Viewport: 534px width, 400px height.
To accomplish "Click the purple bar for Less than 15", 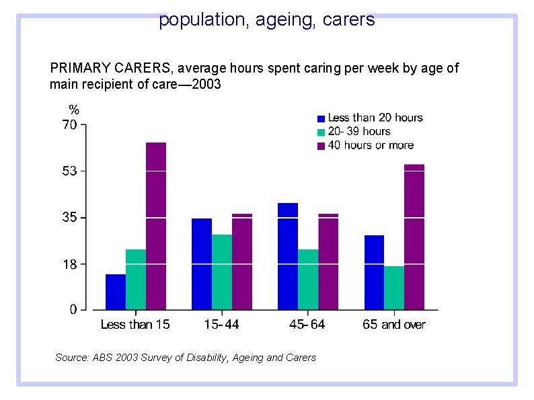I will (155, 226).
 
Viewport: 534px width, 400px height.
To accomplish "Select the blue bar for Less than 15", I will (116, 292).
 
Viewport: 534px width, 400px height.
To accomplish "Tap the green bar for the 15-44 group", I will (222, 272).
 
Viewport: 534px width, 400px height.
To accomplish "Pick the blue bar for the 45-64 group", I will (288, 255).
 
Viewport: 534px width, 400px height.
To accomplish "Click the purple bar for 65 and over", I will (414, 237).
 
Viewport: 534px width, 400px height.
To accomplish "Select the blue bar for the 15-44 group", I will (202, 264).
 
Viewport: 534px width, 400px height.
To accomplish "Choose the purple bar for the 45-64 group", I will (328, 262).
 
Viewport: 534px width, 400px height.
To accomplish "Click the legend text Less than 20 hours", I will (375, 118).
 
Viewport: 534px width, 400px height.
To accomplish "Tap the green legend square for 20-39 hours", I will (321, 132).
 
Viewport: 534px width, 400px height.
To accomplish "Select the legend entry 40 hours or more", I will (371, 145).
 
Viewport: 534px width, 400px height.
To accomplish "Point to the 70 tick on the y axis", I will (69, 124).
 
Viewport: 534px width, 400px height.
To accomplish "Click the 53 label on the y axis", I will (69, 171).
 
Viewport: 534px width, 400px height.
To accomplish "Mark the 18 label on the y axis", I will (69, 264).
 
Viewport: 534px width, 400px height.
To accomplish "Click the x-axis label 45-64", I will (307, 325).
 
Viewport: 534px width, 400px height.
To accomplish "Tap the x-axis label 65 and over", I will (394, 325).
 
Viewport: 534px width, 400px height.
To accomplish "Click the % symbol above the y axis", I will (75, 110).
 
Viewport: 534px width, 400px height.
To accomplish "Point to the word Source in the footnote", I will (71, 358).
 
